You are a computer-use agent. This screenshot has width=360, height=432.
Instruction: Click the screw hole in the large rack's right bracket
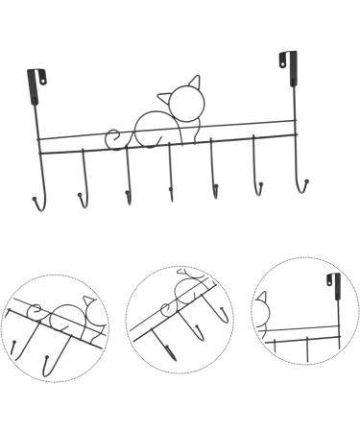pos(283,62)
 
